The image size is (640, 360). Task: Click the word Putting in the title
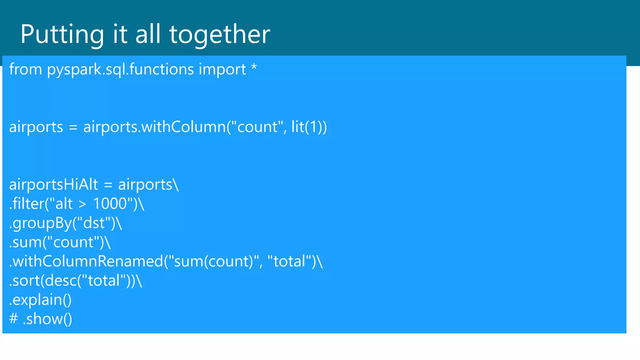pos(62,34)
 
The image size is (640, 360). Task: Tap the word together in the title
pos(219,34)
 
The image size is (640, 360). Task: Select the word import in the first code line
pos(222,69)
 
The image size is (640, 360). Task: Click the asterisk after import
pos(254,67)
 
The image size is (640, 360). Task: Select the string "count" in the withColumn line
pos(257,127)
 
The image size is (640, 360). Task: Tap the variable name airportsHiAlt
pos(53,184)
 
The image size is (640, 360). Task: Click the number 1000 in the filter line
pos(110,204)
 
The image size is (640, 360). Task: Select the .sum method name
pos(25,242)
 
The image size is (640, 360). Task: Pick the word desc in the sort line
pos(61,281)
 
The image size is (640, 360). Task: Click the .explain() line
pos(40,300)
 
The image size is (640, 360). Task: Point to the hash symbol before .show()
pos(13,319)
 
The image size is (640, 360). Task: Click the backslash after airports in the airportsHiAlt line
pos(176,184)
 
